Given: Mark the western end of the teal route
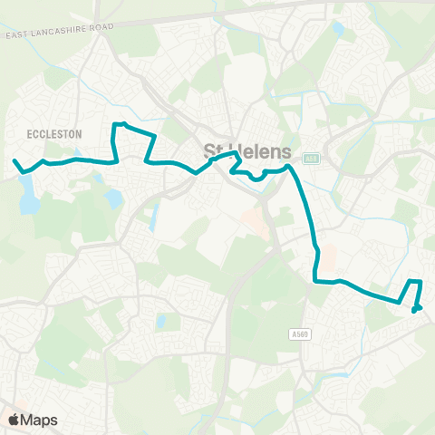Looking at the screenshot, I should click(x=14, y=160).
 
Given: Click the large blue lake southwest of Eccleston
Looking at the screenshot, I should click(x=28, y=193).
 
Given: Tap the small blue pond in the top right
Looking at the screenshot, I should click(x=339, y=28).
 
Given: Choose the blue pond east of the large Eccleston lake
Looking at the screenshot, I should click(x=113, y=197).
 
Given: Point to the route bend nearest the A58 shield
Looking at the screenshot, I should click(x=288, y=166).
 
